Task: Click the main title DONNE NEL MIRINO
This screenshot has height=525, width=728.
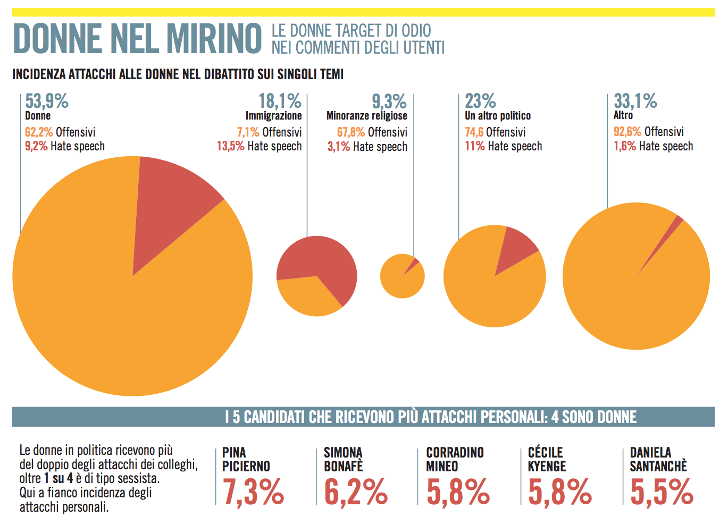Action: (x=137, y=38)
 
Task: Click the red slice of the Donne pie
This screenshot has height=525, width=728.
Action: (x=170, y=202)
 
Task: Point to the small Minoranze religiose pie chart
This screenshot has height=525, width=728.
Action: (x=402, y=276)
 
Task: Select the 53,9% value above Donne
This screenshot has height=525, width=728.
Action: (x=47, y=101)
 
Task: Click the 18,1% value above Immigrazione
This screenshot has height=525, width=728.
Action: (x=280, y=101)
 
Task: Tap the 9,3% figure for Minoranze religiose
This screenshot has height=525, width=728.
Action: (x=389, y=101)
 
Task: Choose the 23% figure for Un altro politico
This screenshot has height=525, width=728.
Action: (x=480, y=101)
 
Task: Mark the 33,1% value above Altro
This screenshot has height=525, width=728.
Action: (x=635, y=101)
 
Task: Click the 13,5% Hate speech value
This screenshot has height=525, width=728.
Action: (x=231, y=146)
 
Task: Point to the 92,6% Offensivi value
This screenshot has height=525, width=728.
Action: (x=627, y=132)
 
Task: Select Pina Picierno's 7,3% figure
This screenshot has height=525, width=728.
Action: (x=253, y=492)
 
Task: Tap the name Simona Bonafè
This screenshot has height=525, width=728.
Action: (x=343, y=459)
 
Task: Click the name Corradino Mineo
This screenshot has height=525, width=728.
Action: (x=455, y=459)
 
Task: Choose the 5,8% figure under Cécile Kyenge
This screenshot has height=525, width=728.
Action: (x=559, y=492)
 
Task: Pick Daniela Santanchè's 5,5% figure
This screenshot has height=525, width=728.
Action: (x=662, y=492)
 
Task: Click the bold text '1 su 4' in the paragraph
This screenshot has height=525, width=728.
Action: (x=58, y=478)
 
